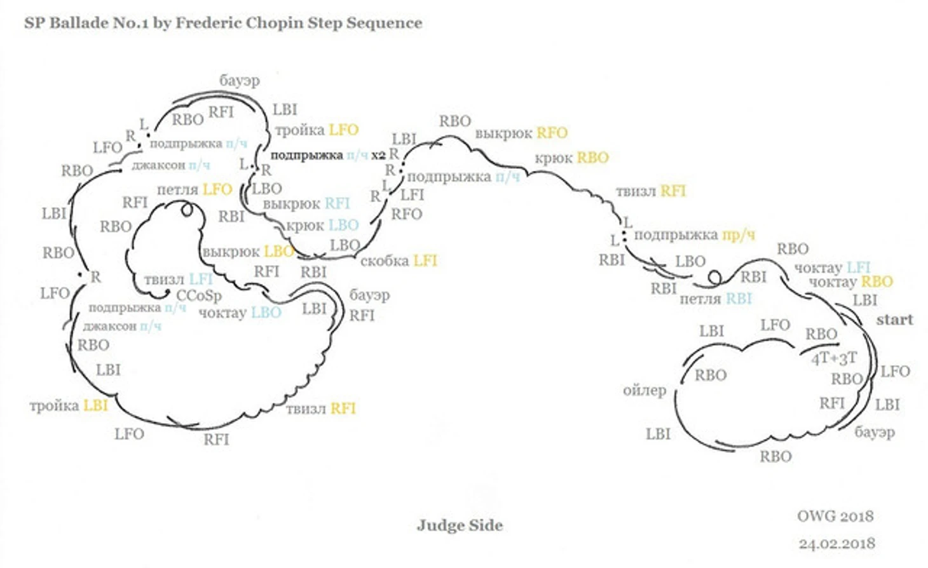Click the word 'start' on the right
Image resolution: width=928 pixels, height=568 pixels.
pyautogui.click(x=894, y=320)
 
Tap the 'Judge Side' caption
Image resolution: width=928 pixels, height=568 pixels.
pyautogui.click(x=460, y=525)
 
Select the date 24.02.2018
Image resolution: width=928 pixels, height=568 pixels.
pyautogui.click(x=836, y=544)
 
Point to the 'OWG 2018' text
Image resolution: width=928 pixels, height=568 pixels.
pyautogui.click(x=835, y=516)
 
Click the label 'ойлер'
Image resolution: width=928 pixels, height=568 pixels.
pyautogui.click(x=644, y=390)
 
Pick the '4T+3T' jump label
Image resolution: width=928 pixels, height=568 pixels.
pyautogui.click(x=834, y=358)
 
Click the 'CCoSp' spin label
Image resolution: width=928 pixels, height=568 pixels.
pyautogui.click(x=199, y=296)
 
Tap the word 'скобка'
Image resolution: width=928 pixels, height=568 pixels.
pyautogui.click(x=384, y=261)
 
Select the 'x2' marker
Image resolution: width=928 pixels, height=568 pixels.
pyautogui.click(x=378, y=155)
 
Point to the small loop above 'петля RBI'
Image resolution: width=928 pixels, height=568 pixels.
pyautogui.click(x=714, y=278)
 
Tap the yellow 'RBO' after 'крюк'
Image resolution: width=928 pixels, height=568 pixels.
pyautogui.click(x=592, y=158)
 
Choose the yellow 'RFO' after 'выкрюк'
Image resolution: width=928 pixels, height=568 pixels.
pyautogui.click(x=552, y=133)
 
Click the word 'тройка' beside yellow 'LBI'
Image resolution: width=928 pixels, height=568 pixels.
pyautogui.click(x=54, y=405)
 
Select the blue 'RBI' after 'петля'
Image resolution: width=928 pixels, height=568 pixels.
pyautogui.click(x=739, y=299)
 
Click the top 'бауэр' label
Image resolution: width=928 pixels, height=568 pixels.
pyautogui.click(x=240, y=81)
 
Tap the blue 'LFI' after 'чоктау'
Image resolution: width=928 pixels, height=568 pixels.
pyautogui.click(x=858, y=267)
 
